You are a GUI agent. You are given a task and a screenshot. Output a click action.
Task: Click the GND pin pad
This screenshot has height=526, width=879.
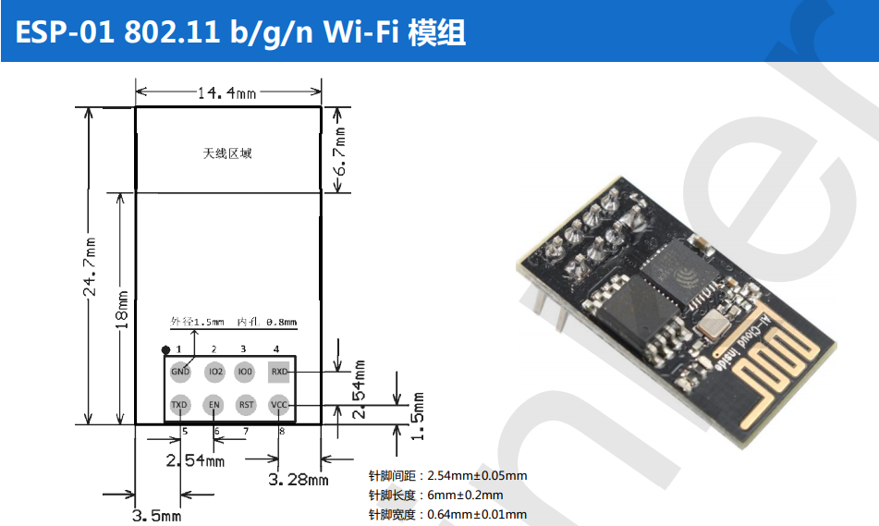pyautogui.click(x=179, y=372)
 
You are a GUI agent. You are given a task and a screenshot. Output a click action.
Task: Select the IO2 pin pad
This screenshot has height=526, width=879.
pyautogui.click(x=214, y=372)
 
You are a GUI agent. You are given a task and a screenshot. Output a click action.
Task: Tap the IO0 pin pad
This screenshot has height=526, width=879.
pyautogui.click(x=244, y=372)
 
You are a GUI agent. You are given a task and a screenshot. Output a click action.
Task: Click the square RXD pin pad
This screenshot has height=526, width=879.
pyautogui.click(x=278, y=372)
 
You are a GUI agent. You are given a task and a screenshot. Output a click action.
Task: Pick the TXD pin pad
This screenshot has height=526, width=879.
pyautogui.click(x=179, y=405)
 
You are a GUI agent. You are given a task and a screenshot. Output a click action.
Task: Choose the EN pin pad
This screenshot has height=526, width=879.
pyautogui.click(x=214, y=405)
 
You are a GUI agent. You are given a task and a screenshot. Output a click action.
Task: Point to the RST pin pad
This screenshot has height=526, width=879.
pyautogui.click(x=246, y=405)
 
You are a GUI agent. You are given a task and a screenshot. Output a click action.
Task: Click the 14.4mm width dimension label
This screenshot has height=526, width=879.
pyautogui.click(x=226, y=92)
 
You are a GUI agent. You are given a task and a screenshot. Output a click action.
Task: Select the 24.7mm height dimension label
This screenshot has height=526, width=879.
pyautogui.click(x=91, y=267)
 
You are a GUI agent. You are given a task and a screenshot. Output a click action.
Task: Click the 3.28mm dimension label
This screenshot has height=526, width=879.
pyautogui.click(x=298, y=480)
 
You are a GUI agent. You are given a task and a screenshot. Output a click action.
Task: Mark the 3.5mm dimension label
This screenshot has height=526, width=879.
pyautogui.click(x=156, y=515)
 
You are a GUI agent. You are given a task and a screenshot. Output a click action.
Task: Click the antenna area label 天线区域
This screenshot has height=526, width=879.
pyautogui.click(x=227, y=153)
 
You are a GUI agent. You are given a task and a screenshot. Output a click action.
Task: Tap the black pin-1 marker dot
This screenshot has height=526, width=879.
pyautogui.click(x=165, y=349)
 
